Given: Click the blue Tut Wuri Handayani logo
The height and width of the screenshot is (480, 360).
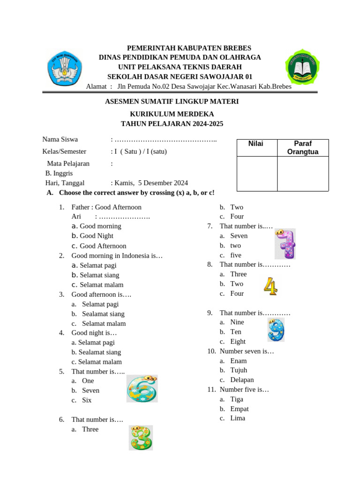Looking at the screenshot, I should (x=65, y=67).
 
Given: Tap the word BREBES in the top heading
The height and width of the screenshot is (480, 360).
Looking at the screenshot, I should (x=238, y=48).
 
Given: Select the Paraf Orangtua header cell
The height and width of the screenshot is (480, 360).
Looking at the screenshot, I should (x=302, y=148).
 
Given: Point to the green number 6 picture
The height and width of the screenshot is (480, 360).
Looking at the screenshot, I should (x=142, y=389).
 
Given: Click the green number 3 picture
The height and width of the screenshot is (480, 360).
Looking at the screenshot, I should (x=141, y=438).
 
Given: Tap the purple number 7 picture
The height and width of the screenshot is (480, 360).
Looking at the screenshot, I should (x=285, y=244).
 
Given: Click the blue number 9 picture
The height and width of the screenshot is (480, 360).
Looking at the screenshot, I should (x=276, y=330).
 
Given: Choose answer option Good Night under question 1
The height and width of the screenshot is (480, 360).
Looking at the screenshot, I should (x=97, y=236).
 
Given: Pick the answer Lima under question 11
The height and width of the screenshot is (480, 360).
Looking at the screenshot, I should (x=238, y=418).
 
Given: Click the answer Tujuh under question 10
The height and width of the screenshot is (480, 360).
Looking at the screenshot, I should (x=239, y=370).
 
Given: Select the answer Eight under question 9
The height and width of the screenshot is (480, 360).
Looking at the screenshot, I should (x=238, y=342).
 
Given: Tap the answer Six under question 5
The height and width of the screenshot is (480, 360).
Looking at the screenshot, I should (x=87, y=400).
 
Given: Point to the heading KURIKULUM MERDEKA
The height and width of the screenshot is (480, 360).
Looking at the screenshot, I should (x=172, y=114).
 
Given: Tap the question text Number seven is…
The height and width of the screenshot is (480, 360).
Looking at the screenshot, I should (x=247, y=351).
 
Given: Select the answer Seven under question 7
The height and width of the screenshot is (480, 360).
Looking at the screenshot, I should (x=239, y=236).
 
